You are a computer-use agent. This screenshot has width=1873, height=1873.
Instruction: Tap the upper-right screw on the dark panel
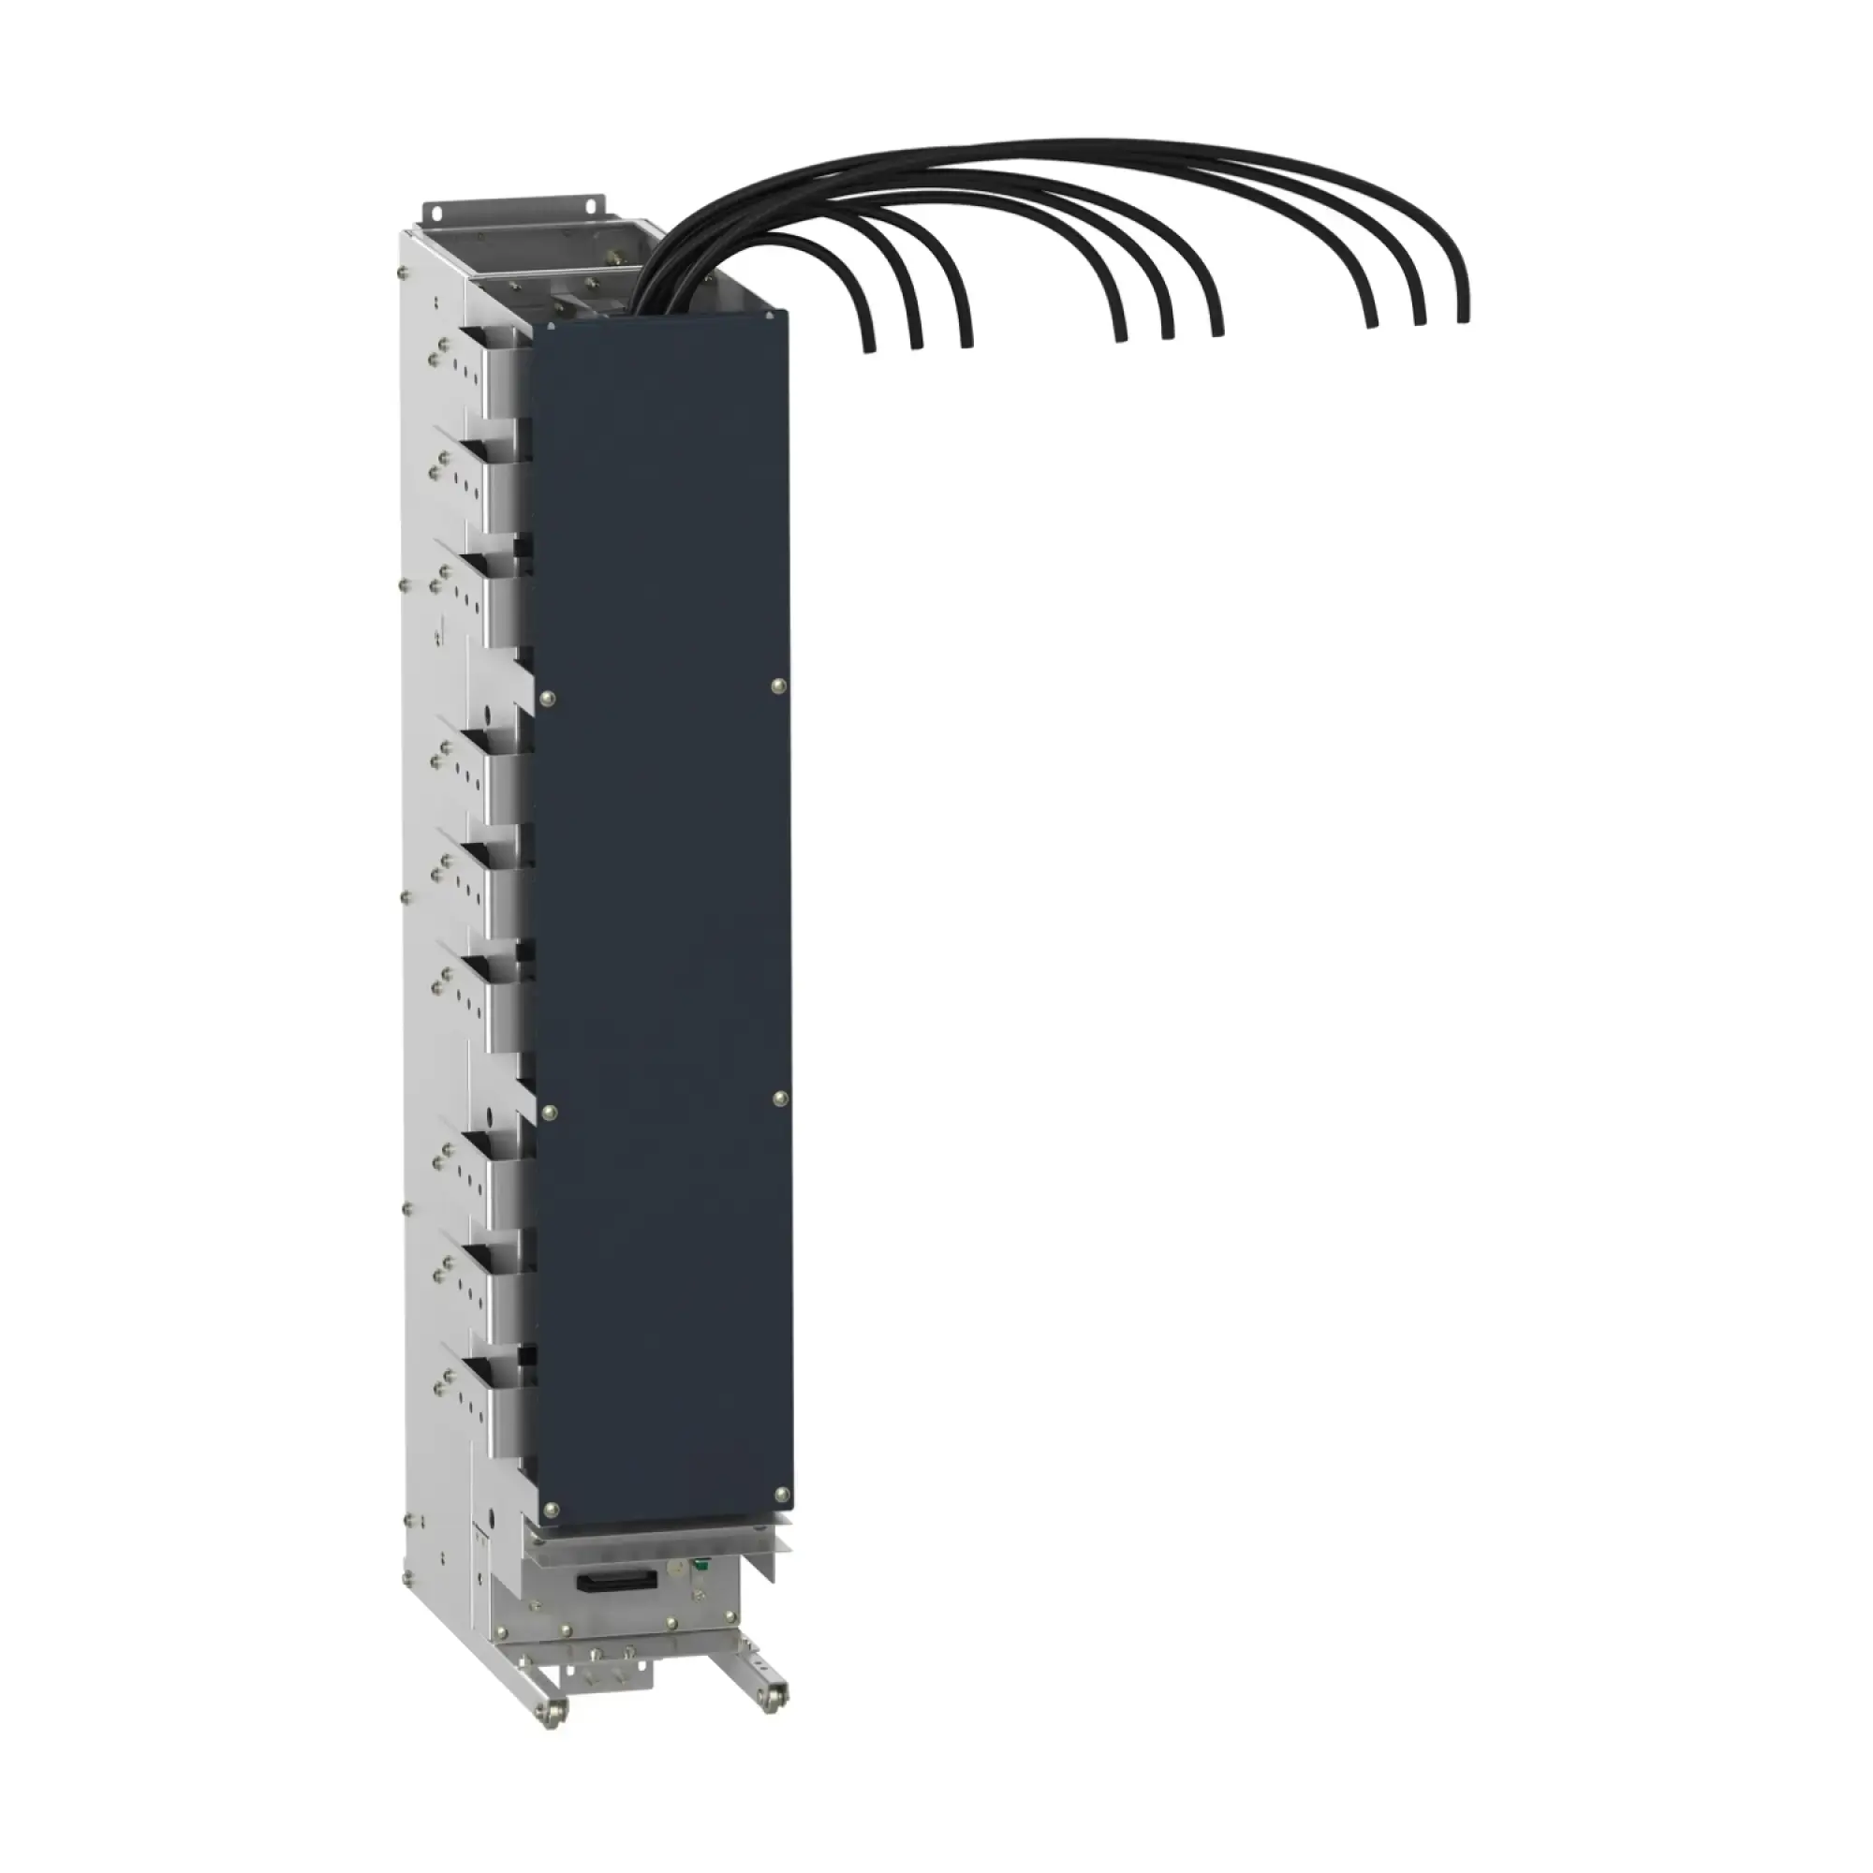(777, 686)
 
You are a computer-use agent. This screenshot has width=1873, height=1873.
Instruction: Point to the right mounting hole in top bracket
(589, 203)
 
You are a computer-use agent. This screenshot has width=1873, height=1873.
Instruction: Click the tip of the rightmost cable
(1462, 314)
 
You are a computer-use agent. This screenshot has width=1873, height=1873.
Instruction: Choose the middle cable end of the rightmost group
(1418, 319)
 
